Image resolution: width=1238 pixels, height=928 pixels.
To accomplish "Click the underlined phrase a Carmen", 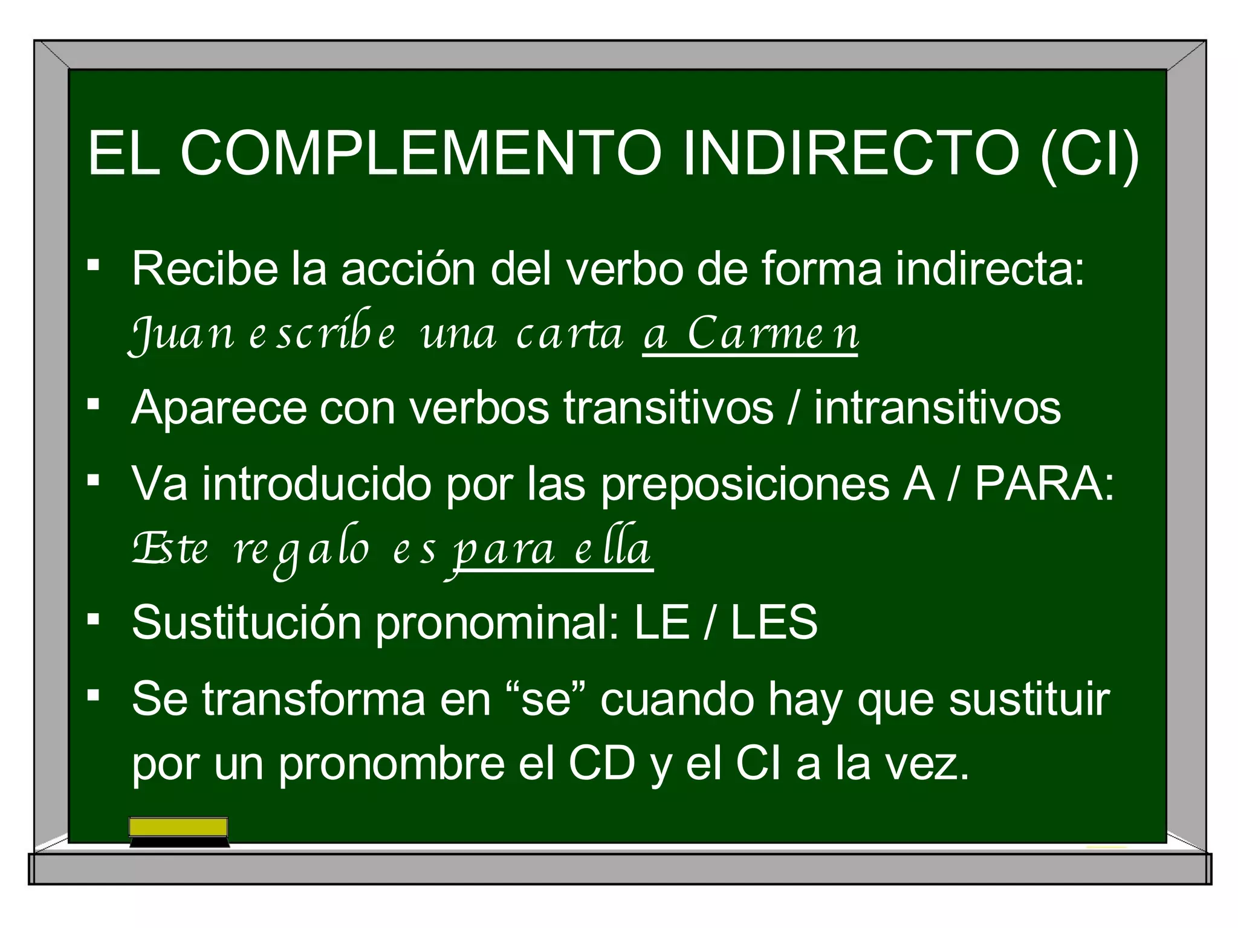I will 750,334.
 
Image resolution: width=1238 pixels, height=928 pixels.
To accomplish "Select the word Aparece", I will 218,408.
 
